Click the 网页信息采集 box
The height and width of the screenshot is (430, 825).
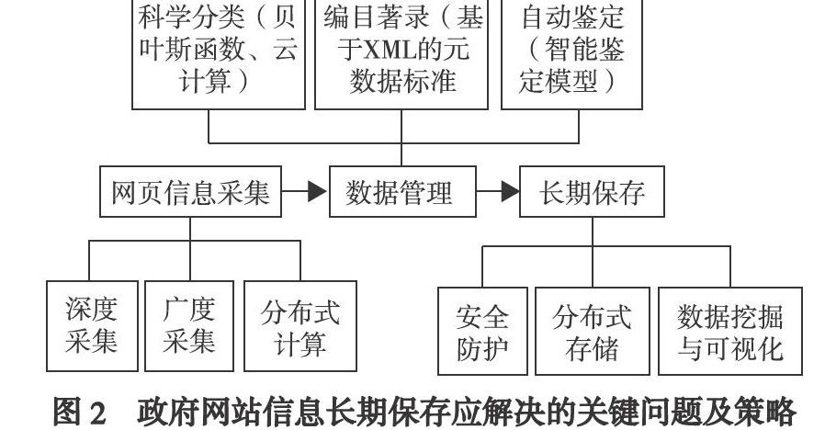190,192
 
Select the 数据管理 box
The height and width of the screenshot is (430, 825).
402,192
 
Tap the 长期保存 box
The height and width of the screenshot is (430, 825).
592,192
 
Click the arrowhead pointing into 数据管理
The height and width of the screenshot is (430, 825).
317,191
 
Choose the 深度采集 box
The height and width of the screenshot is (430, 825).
92,326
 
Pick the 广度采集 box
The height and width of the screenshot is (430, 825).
189,326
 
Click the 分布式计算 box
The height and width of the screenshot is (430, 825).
299,326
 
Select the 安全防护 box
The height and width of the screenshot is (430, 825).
482,331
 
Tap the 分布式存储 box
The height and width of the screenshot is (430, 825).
593,331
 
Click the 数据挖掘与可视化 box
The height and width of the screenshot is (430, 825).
730,331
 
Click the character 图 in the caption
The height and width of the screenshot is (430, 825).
67,412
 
